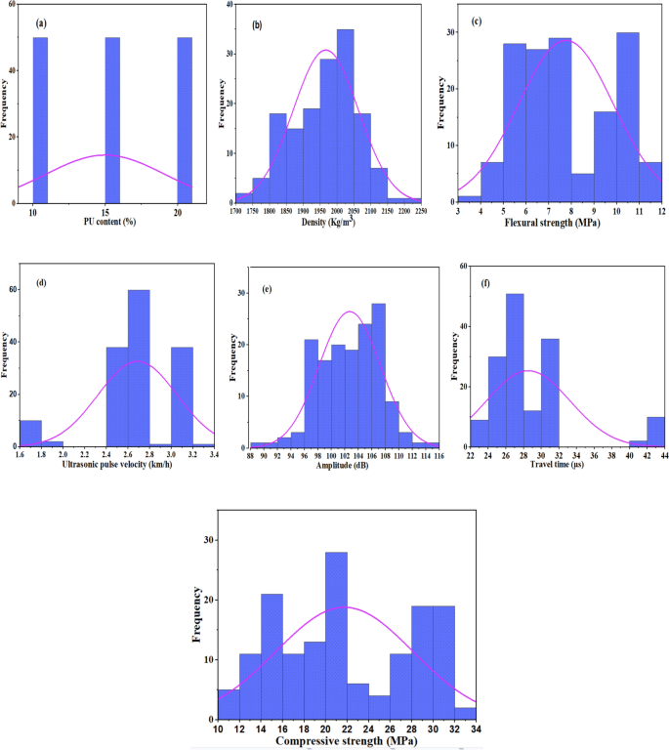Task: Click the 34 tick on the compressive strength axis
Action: tap(476, 729)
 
